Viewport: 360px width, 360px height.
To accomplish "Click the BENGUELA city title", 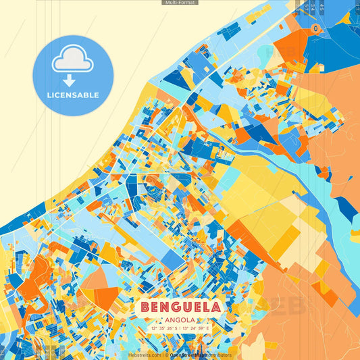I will click(180, 307).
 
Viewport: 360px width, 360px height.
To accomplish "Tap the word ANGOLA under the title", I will click(180, 319).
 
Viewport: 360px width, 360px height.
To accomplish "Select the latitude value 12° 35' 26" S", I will click(159, 329).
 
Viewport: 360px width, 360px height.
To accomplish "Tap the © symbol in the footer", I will click(166, 355).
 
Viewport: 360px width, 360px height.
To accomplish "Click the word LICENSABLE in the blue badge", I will click(73, 95).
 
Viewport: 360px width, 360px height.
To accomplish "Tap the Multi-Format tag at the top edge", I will click(180, 3).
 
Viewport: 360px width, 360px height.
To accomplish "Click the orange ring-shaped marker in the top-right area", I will click(315, 28).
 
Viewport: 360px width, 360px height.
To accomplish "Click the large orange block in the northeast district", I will click(290, 44).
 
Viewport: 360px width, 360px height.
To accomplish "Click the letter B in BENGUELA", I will click(147, 307).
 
